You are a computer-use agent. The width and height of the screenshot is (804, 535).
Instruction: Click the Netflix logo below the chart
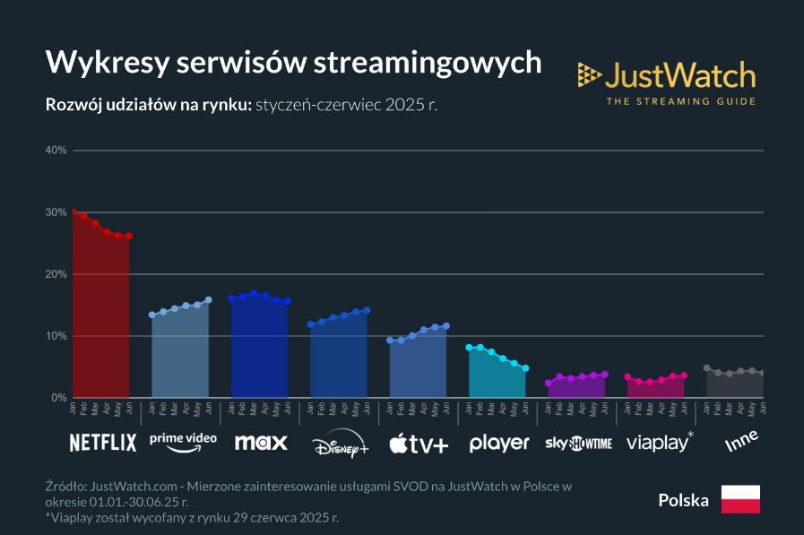pos(103,442)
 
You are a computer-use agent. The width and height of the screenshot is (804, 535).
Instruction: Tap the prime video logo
pos(183,439)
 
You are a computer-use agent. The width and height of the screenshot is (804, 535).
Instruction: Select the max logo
pos(261,442)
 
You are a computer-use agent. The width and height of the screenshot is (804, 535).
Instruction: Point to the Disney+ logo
pos(340,443)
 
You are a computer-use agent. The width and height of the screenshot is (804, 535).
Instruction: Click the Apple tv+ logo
pos(419,442)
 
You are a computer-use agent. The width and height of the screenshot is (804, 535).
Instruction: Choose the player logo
pos(498,443)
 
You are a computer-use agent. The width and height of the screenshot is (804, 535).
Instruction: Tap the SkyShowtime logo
pos(578,443)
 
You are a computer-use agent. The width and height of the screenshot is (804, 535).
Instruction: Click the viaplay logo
pos(660,442)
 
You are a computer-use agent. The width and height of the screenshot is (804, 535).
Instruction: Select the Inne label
pos(741,440)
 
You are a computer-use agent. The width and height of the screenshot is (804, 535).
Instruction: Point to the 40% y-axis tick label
pos(56,151)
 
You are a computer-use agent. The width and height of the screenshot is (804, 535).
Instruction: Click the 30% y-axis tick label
pos(56,212)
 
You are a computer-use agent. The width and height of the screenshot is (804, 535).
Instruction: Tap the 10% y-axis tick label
pos(56,336)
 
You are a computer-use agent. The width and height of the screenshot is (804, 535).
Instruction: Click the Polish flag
pos(740,499)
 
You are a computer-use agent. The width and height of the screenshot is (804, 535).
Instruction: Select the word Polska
pos(683,500)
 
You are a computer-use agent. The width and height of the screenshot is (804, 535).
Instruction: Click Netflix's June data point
pos(129,237)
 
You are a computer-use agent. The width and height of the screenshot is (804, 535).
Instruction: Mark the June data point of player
pos(526,368)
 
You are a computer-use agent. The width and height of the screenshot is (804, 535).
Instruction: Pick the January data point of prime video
pos(151,315)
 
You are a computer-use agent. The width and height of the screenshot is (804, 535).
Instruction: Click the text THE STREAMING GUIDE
pos(680,101)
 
